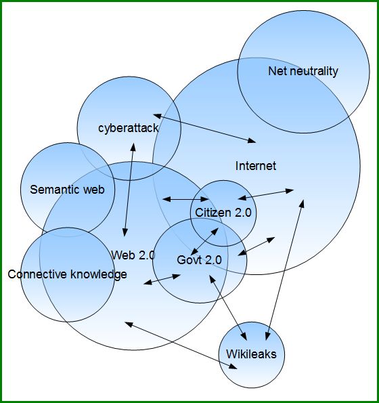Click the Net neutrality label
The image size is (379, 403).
coord(303,71)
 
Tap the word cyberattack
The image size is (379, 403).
coord(129,128)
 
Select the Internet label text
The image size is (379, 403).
coord(256,166)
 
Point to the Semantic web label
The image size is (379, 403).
coord(67,190)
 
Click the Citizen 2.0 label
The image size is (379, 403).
coord(223,213)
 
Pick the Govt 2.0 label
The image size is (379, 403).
coord(199,260)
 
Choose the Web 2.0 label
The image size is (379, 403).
coord(133,255)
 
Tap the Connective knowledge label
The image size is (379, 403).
coord(67,274)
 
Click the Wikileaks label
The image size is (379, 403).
coord(251,354)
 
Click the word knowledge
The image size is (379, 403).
coord(99,274)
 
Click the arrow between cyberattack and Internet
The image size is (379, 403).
coord(204,128)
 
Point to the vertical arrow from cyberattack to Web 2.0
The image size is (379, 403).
coord(129,190)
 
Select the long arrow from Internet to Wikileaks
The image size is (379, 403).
coord(285,270)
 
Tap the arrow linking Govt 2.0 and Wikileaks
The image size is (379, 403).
coord(228,307)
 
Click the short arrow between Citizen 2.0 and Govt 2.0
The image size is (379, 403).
coord(204,241)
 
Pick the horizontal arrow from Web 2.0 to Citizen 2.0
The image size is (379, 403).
coord(185,199)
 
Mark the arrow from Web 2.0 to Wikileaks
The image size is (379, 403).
coord(181,345)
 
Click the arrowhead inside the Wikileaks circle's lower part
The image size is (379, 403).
coord(233,366)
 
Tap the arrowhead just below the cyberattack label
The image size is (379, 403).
coord(133,147)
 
